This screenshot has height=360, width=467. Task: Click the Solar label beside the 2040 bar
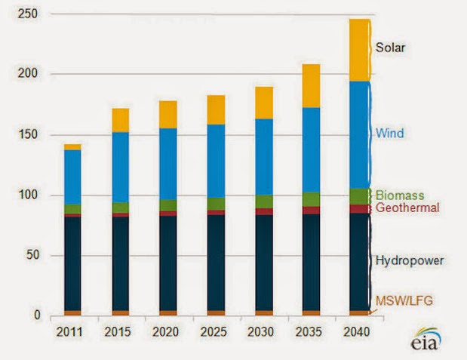tap(392, 48)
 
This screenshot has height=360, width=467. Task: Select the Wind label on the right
tap(390, 134)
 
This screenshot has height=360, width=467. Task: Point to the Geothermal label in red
tap(407, 208)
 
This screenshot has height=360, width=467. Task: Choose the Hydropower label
tap(410, 260)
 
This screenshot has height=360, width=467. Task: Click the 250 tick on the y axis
tap(31, 14)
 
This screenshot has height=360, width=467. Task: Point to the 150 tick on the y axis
tap(31, 134)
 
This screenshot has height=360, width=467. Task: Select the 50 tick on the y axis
tap(34, 255)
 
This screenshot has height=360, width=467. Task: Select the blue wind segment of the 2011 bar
tap(72, 177)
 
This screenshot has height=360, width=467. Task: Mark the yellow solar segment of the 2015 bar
tap(120, 120)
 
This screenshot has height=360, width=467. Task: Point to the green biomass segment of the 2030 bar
tap(263, 202)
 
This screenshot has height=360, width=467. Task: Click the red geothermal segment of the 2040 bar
tap(358, 209)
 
